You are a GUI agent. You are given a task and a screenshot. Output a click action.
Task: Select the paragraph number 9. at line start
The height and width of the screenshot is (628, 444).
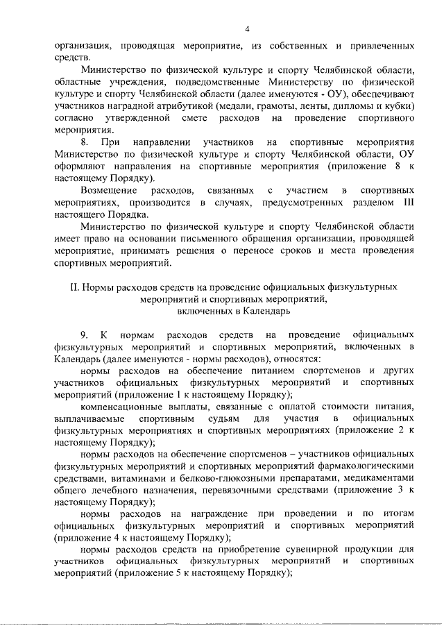tap(85, 336)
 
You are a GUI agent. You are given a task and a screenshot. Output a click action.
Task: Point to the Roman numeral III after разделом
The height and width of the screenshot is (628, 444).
tap(408, 202)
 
